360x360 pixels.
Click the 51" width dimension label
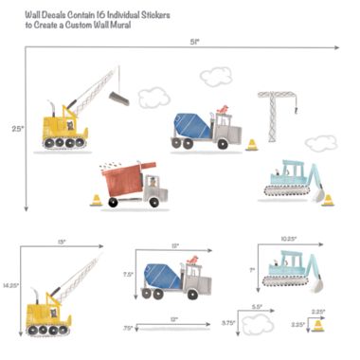click(195, 41)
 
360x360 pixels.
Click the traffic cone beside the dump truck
click(94, 200)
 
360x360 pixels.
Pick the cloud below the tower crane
click(320, 142)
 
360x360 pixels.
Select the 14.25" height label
click(10, 283)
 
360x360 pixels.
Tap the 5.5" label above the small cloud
click(256, 307)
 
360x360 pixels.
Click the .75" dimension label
click(128, 328)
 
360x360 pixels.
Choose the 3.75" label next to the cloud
click(229, 323)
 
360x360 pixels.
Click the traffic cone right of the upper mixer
click(252, 145)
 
